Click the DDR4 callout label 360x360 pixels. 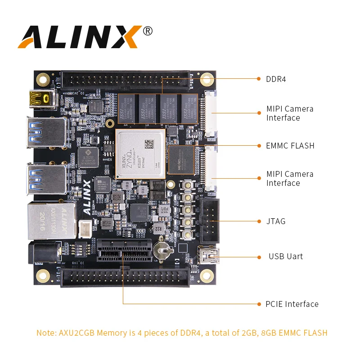[x=276, y=79]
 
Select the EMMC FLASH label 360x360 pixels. [x=290, y=146]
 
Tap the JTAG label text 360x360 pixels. [x=276, y=221]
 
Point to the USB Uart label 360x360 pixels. [x=286, y=256]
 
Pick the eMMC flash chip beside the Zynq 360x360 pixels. [x=181, y=160]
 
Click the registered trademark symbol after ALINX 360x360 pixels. [x=147, y=31]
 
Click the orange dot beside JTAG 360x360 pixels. [x=259, y=221]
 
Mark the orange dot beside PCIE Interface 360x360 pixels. [x=259, y=304]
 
